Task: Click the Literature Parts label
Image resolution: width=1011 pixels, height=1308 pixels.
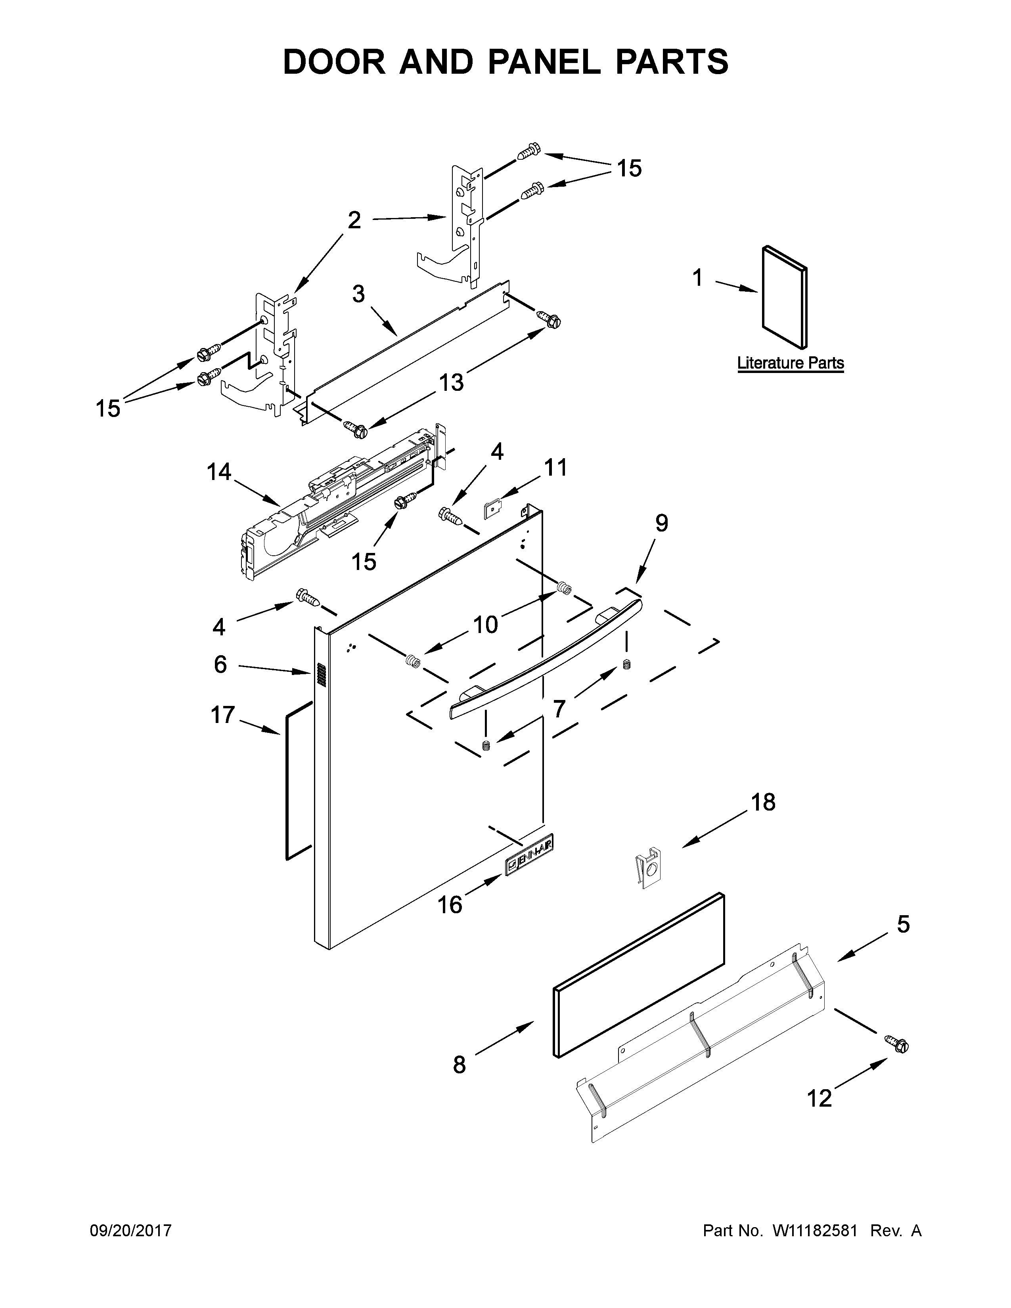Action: [790, 363]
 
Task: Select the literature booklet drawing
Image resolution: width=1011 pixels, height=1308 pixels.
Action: [784, 297]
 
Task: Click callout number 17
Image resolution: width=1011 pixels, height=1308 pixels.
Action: [222, 715]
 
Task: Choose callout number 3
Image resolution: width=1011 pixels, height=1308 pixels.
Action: [358, 294]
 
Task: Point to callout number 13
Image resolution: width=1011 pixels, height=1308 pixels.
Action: [452, 382]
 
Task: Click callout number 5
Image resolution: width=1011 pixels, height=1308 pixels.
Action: [903, 924]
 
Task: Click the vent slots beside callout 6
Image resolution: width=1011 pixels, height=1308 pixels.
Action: [319, 675]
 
